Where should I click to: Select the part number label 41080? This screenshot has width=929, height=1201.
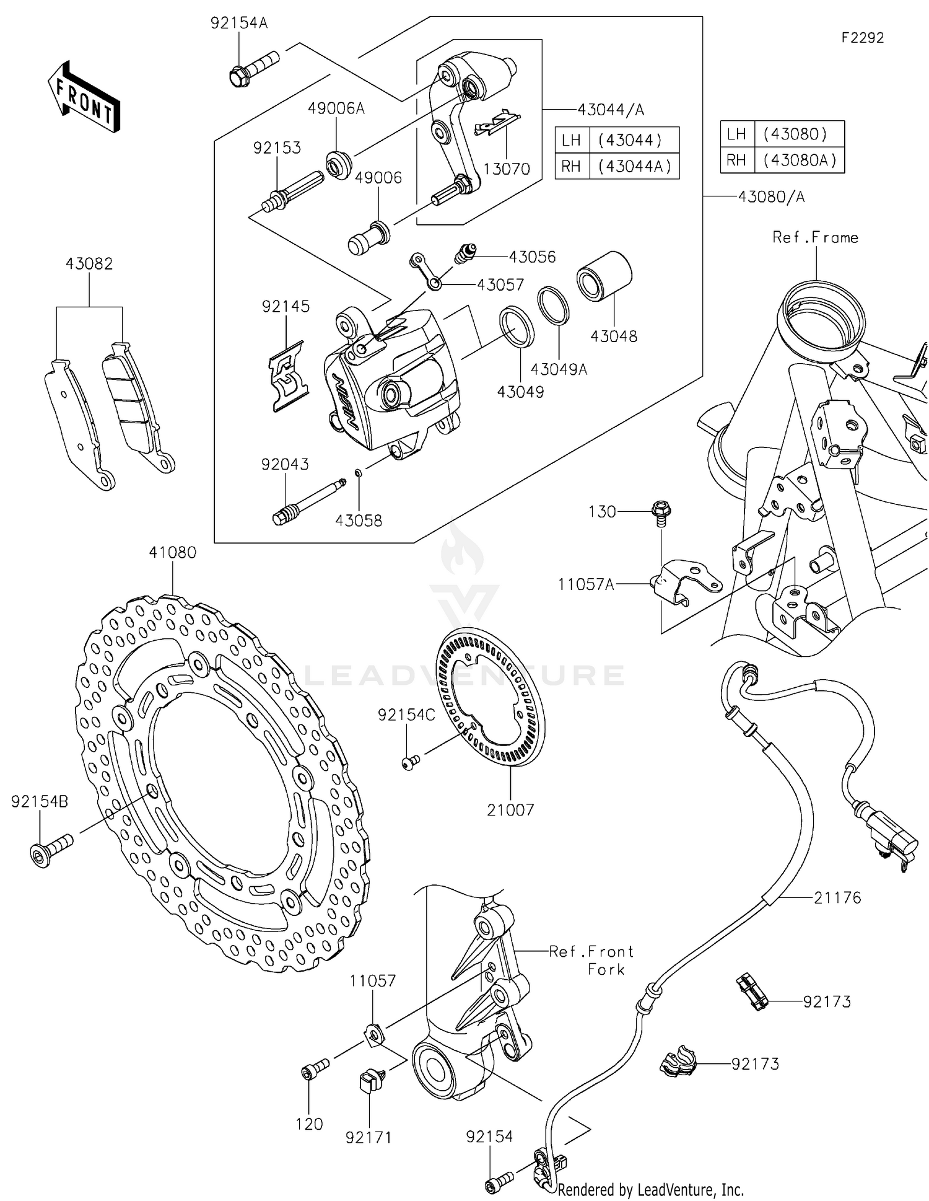click(x=173, y=552)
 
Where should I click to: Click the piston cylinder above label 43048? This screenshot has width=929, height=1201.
click(x=604, y=276)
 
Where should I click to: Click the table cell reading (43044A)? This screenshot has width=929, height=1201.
click(x=634, y=166)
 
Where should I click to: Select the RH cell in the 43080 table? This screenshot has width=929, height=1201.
click(x=736, y=161)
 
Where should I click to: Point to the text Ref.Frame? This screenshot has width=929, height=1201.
click(x=815, y=237)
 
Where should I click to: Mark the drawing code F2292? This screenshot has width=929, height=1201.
click(x=862, y=38)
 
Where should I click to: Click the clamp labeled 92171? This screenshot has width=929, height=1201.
click(x=369, y=1081)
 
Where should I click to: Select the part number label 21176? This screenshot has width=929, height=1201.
click(x=837, y=897)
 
